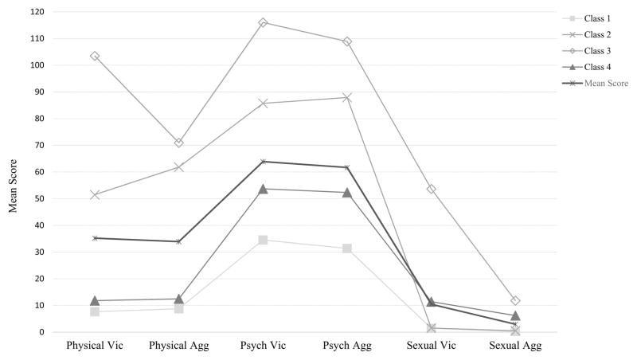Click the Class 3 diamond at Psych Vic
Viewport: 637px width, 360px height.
pyautogui.click(x=263, y=22)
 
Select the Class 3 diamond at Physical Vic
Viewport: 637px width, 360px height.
pyautogui.click(x=95, y=56)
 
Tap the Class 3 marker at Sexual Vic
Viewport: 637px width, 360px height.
pyautogui.click(x=431, y=189)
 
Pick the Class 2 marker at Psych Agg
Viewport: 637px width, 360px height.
pyautogui.click(x=347, y=97)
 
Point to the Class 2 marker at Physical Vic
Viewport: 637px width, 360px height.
pyautogui.click(x=95, y=194)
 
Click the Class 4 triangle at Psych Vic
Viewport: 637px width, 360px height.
pyautogui.click(x=263, y=189)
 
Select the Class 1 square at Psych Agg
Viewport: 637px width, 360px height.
pyautogui.click(x=347, y=248)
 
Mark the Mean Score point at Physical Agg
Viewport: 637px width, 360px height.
pyautogui.click(x=179, y=241)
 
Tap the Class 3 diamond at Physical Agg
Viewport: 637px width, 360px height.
pyautogui.click(x=179, y=143)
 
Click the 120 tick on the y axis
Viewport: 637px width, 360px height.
pyautogui.click(x=37, y=12)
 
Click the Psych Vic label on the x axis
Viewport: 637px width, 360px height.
pyautogui.click(x=263, y=348)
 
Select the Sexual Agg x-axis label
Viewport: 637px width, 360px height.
pyautogui.click(x=515, y=348)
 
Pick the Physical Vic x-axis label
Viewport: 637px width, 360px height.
pyautogui.click(x=95, y=348)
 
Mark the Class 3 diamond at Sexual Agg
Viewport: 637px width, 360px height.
pyautogui.click(x=515, y=300)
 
